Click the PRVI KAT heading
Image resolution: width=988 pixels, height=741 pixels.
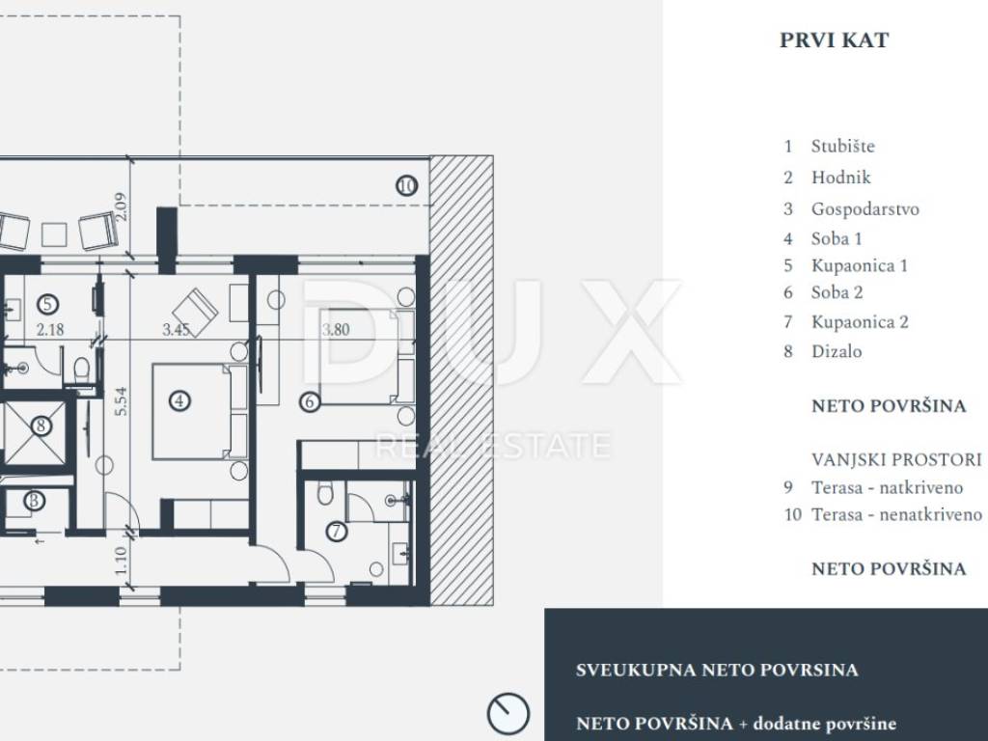point(834,41)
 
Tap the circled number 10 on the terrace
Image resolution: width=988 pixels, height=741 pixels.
point(406,186)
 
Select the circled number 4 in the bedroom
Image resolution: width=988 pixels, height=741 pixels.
point(179,400)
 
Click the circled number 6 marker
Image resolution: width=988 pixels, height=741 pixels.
point(310,401)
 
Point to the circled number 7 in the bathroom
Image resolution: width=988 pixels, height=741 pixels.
point(337,532)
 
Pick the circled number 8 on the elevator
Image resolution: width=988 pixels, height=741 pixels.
point(41,425)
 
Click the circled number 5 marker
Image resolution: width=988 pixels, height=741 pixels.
point(48,305)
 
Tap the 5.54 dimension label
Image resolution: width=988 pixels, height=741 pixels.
point(121,400)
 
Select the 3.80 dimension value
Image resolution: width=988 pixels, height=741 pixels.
point(336,329)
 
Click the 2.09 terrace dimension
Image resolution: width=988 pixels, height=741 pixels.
point(121,206)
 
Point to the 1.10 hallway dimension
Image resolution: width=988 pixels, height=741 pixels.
point(121,561)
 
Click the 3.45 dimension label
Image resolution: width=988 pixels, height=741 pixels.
point(177,329)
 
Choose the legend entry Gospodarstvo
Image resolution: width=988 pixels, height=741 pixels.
point(864,209)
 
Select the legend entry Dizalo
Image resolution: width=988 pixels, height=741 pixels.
point(837,351)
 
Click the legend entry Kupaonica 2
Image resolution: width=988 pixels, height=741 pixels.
point(860,322)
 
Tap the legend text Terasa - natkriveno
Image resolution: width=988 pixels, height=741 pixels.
point(887,487)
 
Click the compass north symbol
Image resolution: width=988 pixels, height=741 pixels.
point(508,714)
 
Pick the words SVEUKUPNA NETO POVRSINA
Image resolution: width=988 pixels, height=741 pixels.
point(717,670)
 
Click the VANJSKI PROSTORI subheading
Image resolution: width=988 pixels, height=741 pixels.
point(896,460)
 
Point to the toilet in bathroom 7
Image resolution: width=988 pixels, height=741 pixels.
point(325,493)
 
